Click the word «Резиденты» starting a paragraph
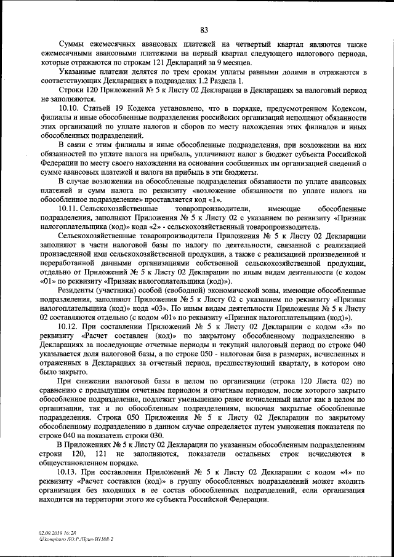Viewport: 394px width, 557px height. (x=77, y=289)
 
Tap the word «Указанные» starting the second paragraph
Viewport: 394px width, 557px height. (x=77, y=72)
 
